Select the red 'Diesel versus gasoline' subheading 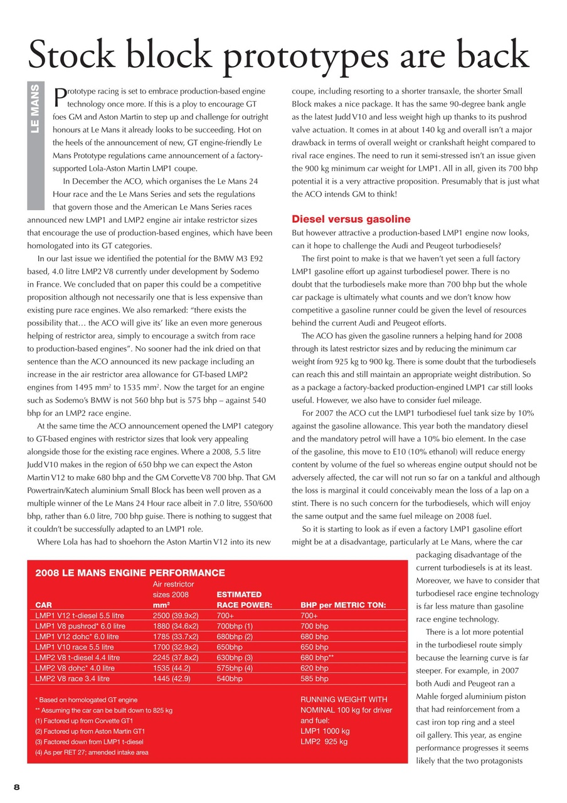click(x=351, y=219)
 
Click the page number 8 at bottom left click(x=17, y=786)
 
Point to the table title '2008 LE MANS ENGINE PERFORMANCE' click(x=130, y=573)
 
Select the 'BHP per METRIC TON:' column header click(x=343, y=605)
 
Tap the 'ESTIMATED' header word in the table click(x=238, y=594)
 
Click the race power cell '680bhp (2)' click(x=234, y=636)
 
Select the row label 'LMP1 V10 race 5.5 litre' click(x=75, y=647)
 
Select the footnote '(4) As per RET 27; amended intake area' click(x=92, y=752)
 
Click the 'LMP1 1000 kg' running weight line click(x=325, y=731)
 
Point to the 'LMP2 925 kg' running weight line click(x=324, y=742)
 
